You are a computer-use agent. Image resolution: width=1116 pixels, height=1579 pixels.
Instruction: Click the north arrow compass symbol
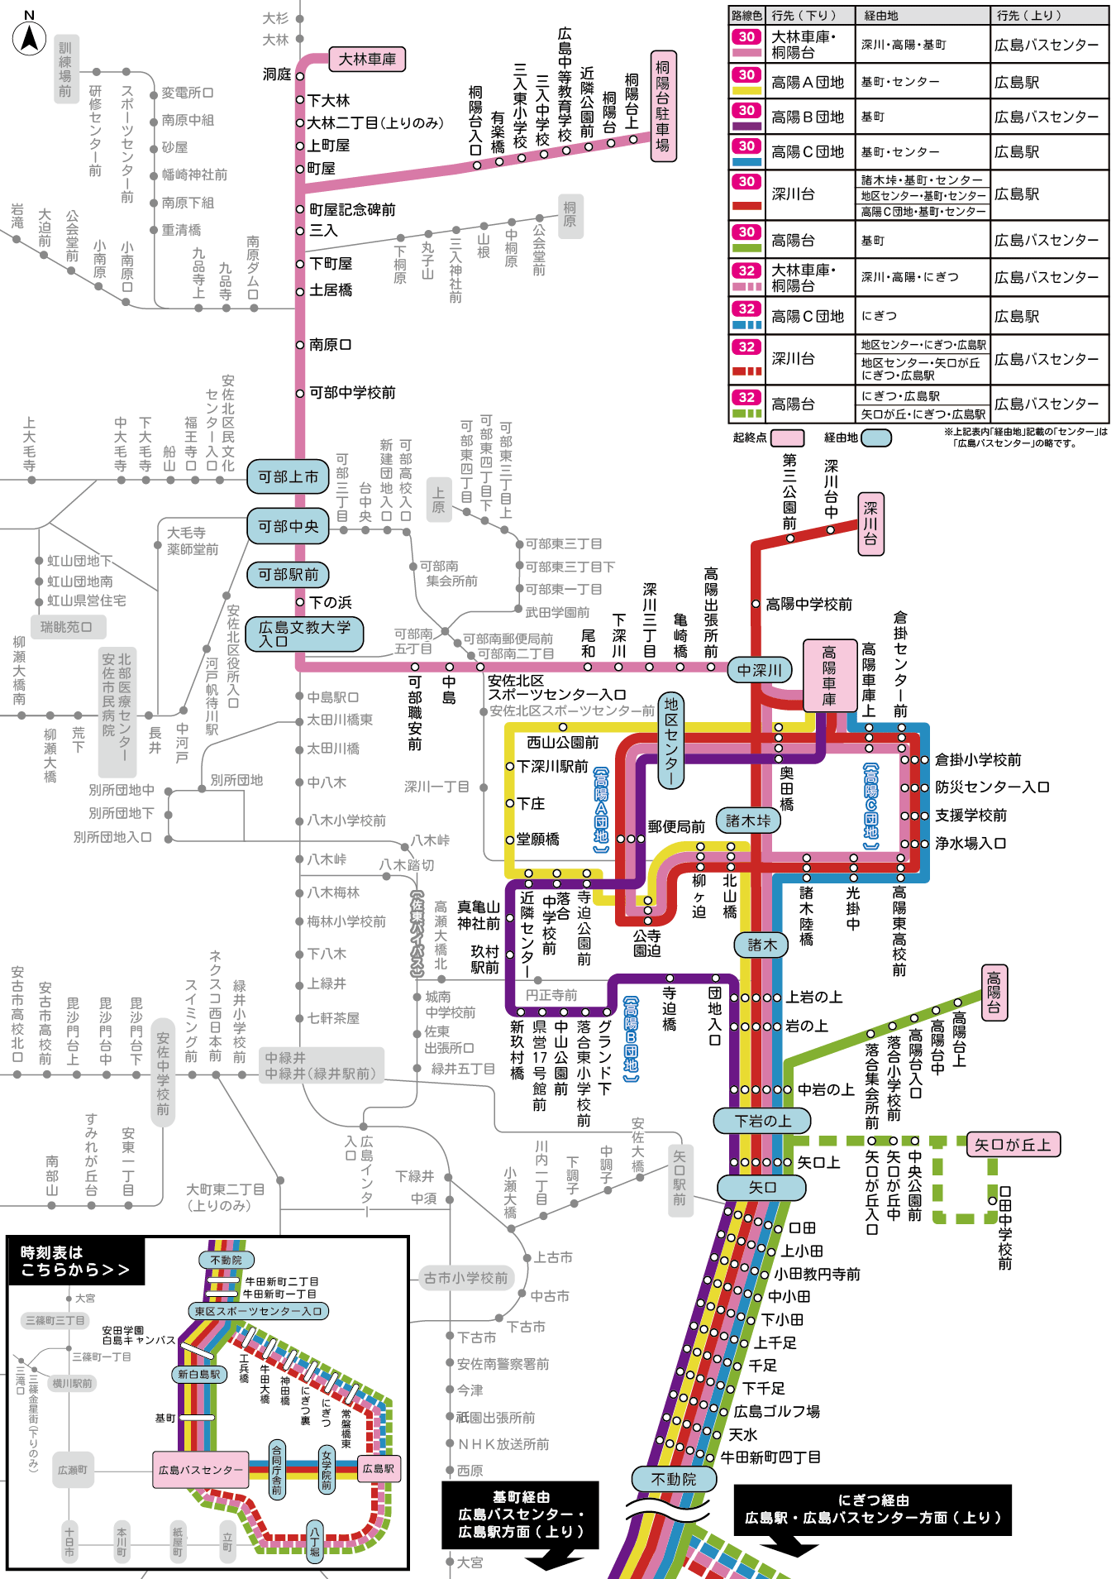pyautogui.click(x=29, y=37)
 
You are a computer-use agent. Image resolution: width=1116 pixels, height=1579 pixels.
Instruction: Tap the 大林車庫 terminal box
pyautogui.click(x=367, y=60)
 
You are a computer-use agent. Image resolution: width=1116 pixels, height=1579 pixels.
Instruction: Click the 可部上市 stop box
pyautogui.click(x=288, y=477)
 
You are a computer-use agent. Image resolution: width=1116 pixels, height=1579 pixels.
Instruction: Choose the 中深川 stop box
pyautogui.click(x=760, y=670)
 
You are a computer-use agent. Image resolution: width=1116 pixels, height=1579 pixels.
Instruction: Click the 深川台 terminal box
pyautogui.click(x=870, y=524)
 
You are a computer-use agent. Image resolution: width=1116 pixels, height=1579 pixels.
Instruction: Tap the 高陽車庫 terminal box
pyautogui.click(x=828, y=676)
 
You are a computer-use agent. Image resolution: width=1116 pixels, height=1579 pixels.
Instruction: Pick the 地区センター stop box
pyautogui.click(x=671, y=740)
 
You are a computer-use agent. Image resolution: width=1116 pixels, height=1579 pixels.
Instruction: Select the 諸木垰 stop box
pyautogui.click(x=748, y=821)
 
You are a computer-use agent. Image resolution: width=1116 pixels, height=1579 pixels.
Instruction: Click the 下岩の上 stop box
pyautogui.click(x=763, y=1121)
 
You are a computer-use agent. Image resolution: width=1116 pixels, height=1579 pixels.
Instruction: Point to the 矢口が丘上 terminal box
pyautogui.click(x=1013, y=1145)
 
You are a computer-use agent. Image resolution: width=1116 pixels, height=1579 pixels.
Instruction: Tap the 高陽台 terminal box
pyautogui.click(x=994, y=993)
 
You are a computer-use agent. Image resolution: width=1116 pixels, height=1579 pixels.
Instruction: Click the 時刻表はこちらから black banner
pyautogui.click(x=75, y=1261)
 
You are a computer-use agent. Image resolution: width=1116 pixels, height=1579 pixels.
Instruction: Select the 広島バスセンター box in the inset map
pyautogui.click(x=201, y=1470)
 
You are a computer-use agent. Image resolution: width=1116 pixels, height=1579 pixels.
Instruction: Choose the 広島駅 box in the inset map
pyautogui.click(x=379, y=1468)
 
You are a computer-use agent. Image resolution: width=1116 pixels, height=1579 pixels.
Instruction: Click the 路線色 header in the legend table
pyautogui.click(x=746, y=16)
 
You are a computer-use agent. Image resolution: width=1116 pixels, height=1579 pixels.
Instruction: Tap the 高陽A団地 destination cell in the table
pyautogui.click(x=808, y=82)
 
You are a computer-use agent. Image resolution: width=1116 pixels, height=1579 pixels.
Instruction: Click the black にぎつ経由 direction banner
pyautogui.click(x=872, y=1509)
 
